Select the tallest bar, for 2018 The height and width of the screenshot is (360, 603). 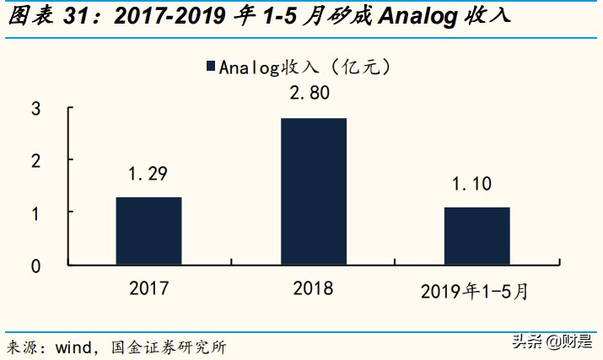click(x=313, y=191)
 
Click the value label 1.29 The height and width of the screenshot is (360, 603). click(x=148, y=175)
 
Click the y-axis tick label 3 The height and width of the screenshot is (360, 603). click(x=35, y=108)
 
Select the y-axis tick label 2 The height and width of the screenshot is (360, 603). click(x=35, y=160)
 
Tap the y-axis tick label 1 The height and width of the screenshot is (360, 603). click(x=35, y=212)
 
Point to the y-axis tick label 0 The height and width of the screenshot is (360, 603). click(x=35, y=266)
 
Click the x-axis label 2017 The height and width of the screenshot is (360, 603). click(x=149, y=288)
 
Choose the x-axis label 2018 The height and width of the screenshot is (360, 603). click(x=313, y=288)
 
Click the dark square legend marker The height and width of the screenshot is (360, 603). click(x=210, y=67)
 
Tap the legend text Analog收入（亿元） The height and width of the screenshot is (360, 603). click(x=304, y=67)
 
